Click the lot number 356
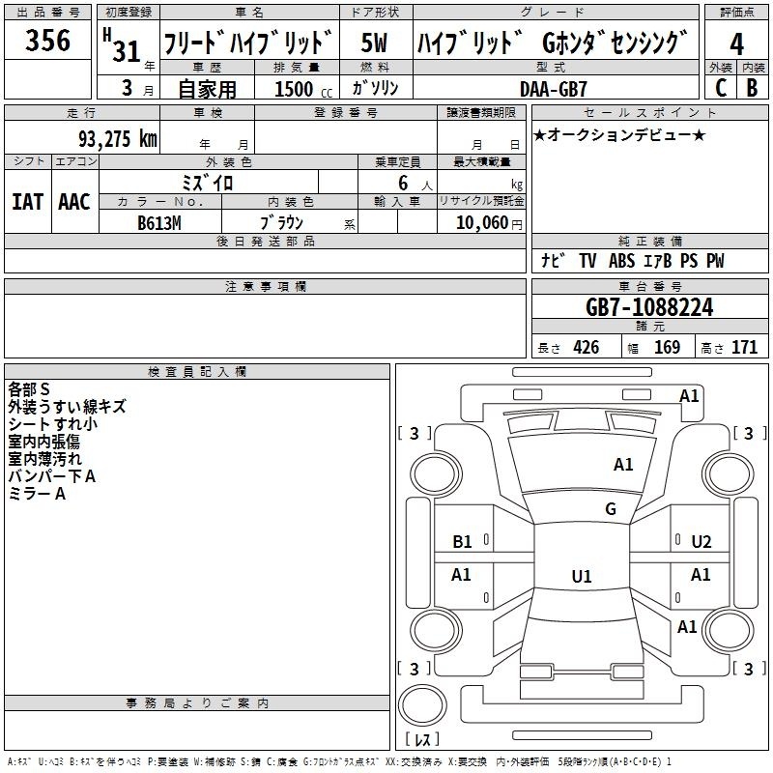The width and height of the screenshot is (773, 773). (x=47, y=41)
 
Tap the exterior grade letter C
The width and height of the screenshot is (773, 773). (x=720, y=87)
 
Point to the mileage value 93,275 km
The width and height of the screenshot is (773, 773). (x=117, y=138)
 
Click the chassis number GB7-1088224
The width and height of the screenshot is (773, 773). (x=649, y=308)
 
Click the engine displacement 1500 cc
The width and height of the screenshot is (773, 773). (x=300, y=89)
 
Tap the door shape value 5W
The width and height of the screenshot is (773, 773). (x=374, y=43)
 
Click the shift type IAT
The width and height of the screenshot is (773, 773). (x=27, y=202)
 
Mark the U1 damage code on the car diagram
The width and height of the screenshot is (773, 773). (x=581, y=577)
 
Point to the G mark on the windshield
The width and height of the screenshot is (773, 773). (x=610, y=509)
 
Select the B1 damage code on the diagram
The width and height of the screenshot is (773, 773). (x=462, y=542)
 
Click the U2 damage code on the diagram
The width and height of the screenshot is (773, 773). (x=701, y=541)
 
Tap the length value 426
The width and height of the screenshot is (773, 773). (x=587, y=348)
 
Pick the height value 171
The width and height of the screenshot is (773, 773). (x=744, y=348)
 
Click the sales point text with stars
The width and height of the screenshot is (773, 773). (x=619, y=135)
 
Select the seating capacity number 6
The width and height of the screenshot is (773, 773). (x=400, y=183)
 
